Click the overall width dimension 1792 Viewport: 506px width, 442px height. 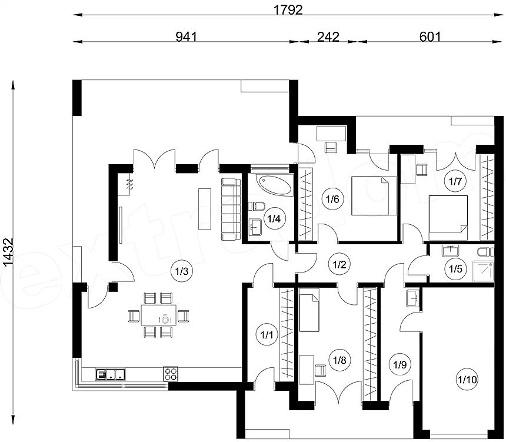pyautogui.click(x=288, y=10)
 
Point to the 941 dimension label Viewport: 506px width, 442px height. pyautogui.click(x=186, y=37)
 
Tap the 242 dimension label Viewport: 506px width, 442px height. pyautogui.click(x=328, y=37)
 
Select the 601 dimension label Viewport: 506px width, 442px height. pyautogui.click(x=430, y=37)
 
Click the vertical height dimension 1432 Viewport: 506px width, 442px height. pyautogui.click(x=9, y=252)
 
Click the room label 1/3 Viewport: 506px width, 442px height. pyautogui.click(x=182, y=271)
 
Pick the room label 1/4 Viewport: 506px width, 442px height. pyautogui.click(x=274, y=219)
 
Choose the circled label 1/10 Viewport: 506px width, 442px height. pyautogui.click(x=468, y=379)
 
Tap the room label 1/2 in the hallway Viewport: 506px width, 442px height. pyautogui.click(x=339, y=265)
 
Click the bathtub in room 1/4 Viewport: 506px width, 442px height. pyautogui.click(x=275, y=185)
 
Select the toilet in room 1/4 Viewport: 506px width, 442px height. pyautogui.click(x=258, y=205)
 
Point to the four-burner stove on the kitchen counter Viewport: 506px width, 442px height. pyautogui.click(x=171, y=374)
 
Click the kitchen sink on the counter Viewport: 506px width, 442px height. pyautogui.click(x=111, y=374)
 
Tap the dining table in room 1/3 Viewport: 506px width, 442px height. pyautogui.click(x=159, y=315)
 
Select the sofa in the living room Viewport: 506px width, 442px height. pyautogui.click(x=231, y=209)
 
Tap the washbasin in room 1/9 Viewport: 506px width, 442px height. pyautogui.click(x=412, y=298)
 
